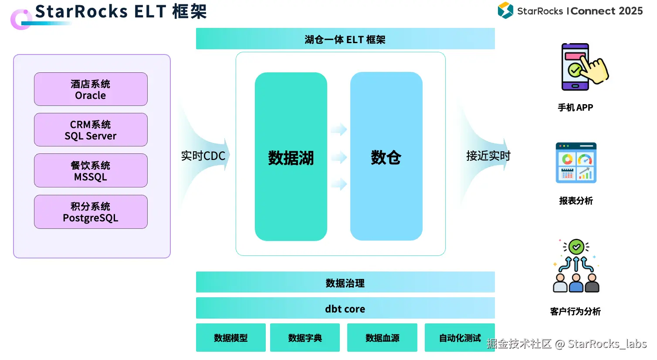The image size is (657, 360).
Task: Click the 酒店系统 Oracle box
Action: (x=91, y=89)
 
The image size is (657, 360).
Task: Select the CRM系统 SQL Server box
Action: (x=91, y=130)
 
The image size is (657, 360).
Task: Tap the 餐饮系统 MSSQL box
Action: (x=91, y=170)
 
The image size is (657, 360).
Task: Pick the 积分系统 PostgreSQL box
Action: (x=91, y=212)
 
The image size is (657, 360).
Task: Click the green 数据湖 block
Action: (x=291, y=157)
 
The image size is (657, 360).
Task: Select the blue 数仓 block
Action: (x=386, y=156)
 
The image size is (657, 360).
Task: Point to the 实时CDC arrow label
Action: (x=203, y=156)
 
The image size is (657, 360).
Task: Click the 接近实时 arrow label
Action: (x=488, y=156)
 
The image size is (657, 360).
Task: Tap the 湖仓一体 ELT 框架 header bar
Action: (x=345, y=39)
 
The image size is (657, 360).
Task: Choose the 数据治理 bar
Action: (x=345, y=282)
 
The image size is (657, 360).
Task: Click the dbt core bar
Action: (x=345, y=309)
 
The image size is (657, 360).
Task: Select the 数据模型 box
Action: (x=230, y=338)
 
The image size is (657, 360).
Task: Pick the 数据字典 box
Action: (x=305, y=338)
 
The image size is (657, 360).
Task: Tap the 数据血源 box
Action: (x=382, y=338)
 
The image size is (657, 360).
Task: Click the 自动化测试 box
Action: (x=459, y=338)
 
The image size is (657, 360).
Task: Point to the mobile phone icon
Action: (x=579, y=67)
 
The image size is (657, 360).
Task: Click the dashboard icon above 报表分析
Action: (x=576, y=163)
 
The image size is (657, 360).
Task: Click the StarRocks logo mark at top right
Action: (x=505, y=10)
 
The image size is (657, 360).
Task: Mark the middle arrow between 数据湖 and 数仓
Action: (x=339, y=157)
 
